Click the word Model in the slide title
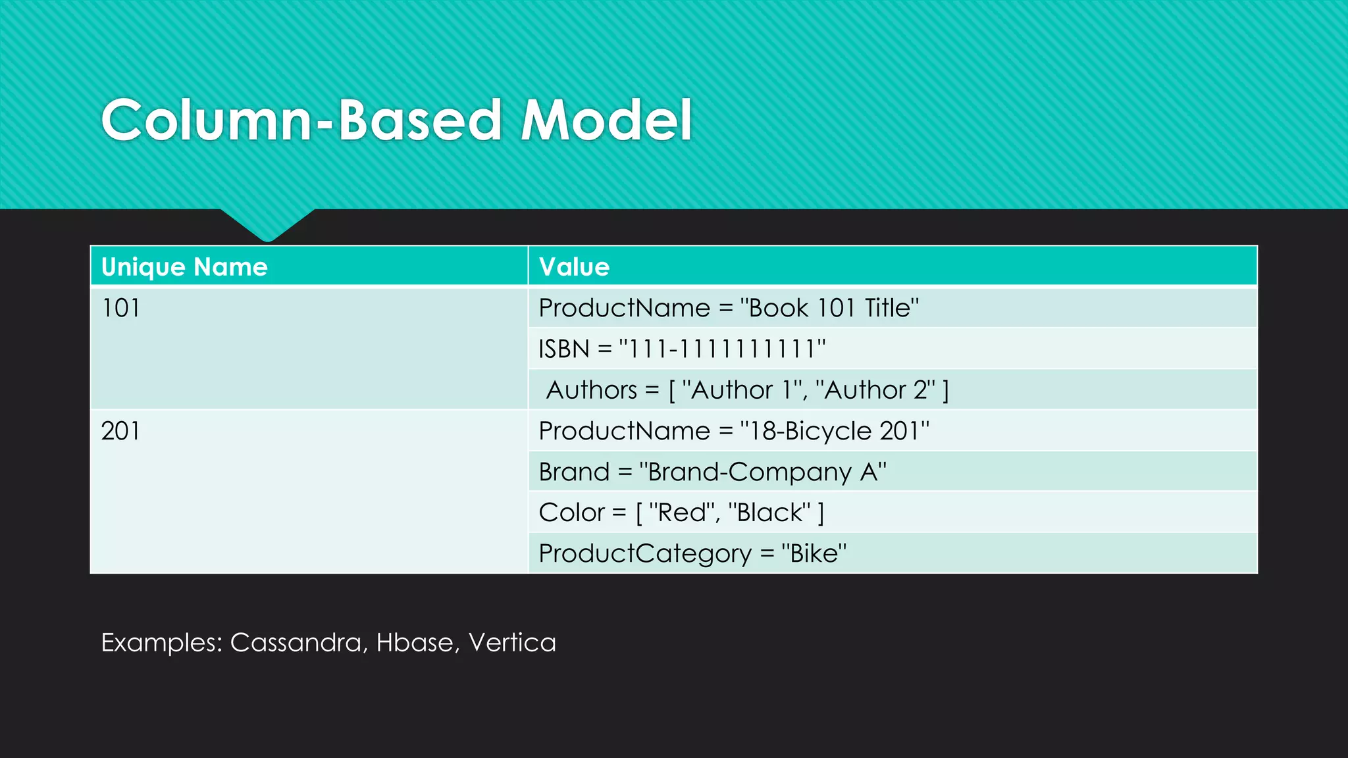606,120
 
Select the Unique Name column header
184,266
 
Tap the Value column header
574,266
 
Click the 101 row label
120,308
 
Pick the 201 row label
120,431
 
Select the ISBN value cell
682,349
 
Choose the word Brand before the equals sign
574,472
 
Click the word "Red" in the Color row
682,513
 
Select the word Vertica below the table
512,642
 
